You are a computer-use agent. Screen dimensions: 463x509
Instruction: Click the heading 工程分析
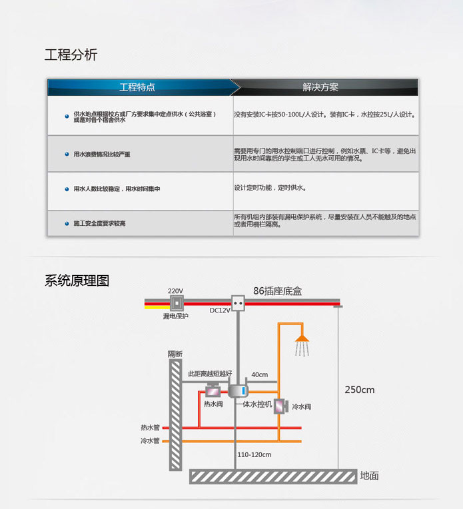(x=71, y=55)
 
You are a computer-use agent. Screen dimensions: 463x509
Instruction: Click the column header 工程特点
(x=137, y=87)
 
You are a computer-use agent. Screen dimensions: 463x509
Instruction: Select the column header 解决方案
(x=320, y=87)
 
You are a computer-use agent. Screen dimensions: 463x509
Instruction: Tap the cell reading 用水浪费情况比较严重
(x=102, y=154)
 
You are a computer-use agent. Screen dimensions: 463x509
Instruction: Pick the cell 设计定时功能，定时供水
(x=270, y=188)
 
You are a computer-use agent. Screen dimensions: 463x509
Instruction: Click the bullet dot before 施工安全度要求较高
(x=67, y=223)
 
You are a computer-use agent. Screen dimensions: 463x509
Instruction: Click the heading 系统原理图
(x=77, y=280)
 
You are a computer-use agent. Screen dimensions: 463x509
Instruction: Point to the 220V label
(x=175, y=291)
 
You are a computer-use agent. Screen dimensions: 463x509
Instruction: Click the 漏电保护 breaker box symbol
(x=177, y=304)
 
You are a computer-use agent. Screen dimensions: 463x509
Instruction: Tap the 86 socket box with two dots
(x=238, y=303)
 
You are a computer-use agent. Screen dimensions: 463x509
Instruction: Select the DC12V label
(x=220, y=310)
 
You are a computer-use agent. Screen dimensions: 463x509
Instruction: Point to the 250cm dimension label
(x=360, y=390)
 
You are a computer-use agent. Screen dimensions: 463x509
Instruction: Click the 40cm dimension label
(x=260, y=374)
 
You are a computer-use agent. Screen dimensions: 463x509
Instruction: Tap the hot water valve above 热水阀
(x=213, y=392)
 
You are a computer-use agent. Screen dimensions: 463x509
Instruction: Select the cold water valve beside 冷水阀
(x=281, y=406)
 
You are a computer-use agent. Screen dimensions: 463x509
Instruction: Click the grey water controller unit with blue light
(x=238, y=391)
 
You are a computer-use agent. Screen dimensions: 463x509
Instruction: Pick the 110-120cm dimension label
(x=254, y=455)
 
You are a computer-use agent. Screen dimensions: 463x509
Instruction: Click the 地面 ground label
(x=369, y=476)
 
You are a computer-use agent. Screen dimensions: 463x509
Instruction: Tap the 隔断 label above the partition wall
(x=175, y=354)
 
